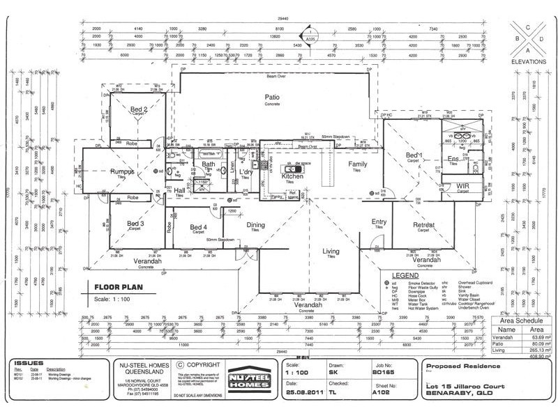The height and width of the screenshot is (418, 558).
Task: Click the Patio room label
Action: tap(272, 97)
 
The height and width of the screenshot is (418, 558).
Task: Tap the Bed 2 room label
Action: tap(138, 109)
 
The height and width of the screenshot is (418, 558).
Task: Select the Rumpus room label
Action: tap(121, 171)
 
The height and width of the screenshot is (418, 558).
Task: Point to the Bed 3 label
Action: tap(135, 224)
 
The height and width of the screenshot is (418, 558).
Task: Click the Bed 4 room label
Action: tap(198, 227)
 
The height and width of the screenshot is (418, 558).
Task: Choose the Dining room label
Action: tap(257, 224)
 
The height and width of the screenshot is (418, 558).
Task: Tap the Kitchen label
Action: tap(292, 177)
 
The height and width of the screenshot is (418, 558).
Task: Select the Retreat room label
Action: tap(424, 225)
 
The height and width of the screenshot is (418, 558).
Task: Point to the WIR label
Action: tap(462, 187)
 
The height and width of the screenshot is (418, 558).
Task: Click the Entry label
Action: tap(379, 222)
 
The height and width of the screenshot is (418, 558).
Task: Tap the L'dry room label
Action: tap(246, 171)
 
